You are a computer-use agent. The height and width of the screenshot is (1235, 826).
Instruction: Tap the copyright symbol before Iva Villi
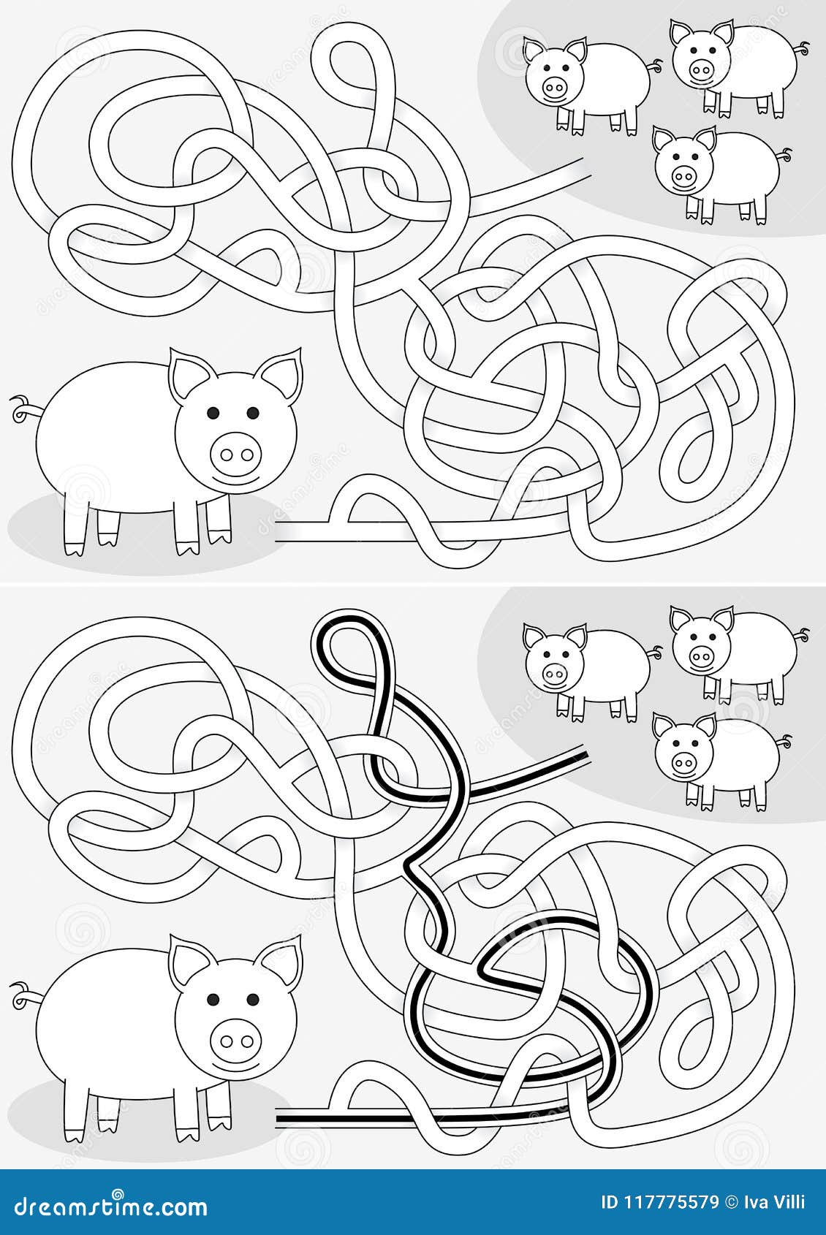click(732, 1202)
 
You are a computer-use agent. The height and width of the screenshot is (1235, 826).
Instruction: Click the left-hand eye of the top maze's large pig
click(213, 413)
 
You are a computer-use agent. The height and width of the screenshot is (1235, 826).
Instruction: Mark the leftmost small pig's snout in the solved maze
click(553, 671)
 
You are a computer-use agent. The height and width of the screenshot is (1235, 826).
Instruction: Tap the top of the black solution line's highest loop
click(347, 620)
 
